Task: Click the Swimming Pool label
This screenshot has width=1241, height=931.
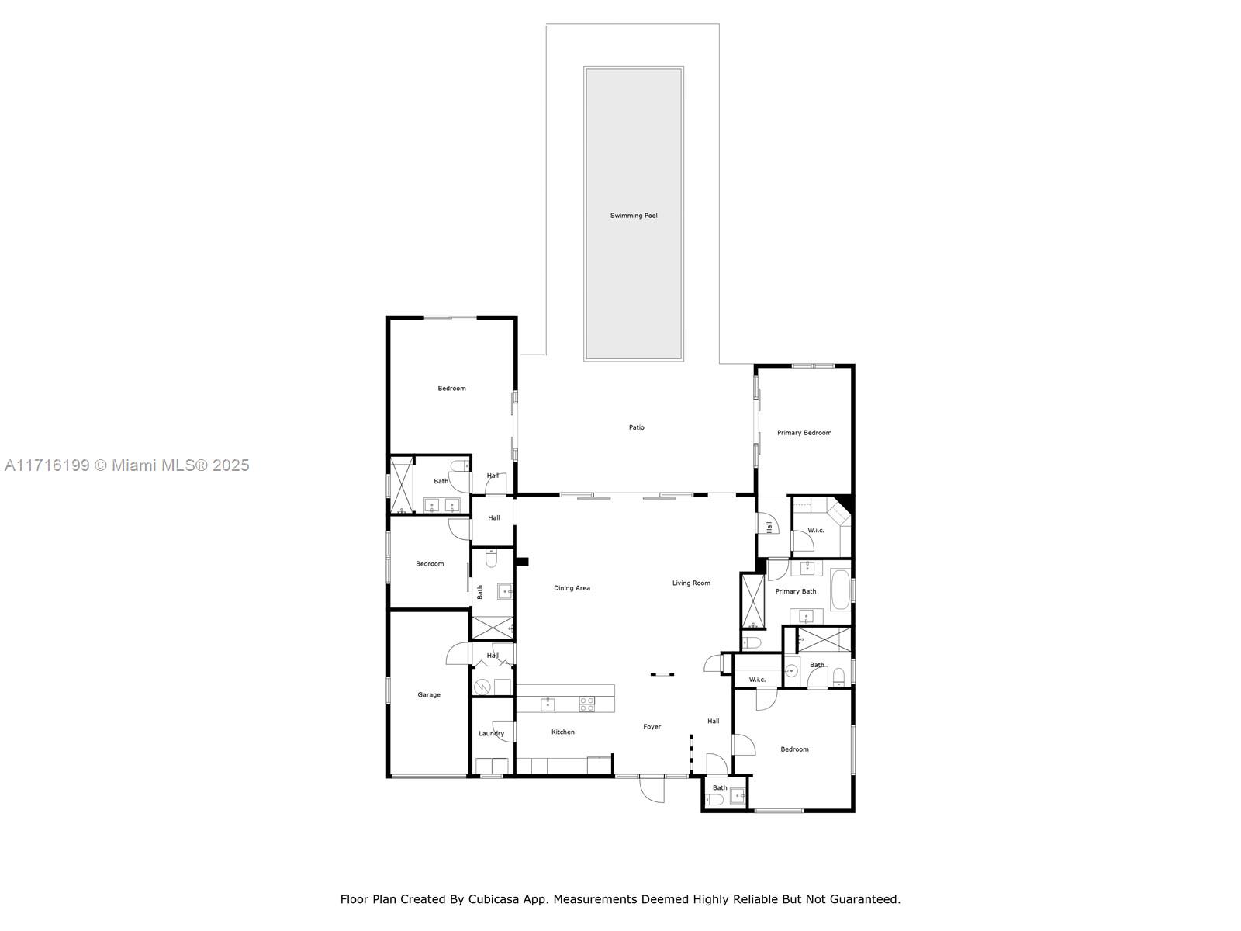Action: click(633, 216)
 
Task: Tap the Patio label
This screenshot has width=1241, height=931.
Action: click(636, 427)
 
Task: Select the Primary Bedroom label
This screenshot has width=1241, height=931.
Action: click(804, 433)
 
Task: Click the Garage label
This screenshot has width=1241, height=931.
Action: click(429, 695)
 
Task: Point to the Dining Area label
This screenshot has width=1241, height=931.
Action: click(572, 588)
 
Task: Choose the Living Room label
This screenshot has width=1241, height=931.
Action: click(691, 583)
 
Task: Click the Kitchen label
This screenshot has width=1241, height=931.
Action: click(563, 732)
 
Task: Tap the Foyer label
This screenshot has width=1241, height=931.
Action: click(652, 727)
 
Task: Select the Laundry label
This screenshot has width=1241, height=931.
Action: click(491, 734)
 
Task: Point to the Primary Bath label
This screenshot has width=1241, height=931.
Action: click(796, 592)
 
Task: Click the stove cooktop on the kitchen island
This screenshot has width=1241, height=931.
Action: click(587, 704)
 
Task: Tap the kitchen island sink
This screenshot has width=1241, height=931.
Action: click(548, 704)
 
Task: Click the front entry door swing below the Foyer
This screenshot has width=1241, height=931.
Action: click(652, 790)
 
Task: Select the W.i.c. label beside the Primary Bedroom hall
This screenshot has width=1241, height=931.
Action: click(816, 531)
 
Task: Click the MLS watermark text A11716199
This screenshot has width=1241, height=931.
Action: click(47, 465)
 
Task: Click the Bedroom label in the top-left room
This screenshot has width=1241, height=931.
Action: click(451, 389)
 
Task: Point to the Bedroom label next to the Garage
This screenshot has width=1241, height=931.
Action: click(429, 564)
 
